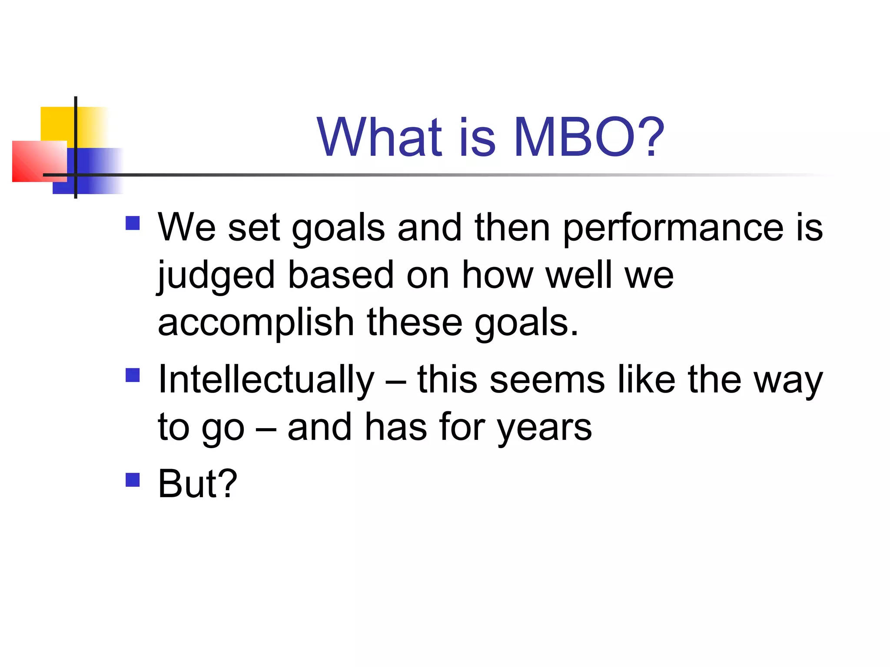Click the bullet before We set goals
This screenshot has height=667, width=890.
click(x=133, y=223)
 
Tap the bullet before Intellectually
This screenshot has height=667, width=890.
click(x=133, y=375)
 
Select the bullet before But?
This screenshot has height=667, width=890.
click(x=133, y=480)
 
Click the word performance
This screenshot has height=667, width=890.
click(x=673, y=229)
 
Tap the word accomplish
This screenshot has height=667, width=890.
click(x=256, y=324)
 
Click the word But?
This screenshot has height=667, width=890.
click(x=198, y=484)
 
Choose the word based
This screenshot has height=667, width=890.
click(x=341, y=275)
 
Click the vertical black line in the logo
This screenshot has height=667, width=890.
click(x=76, y=130)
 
